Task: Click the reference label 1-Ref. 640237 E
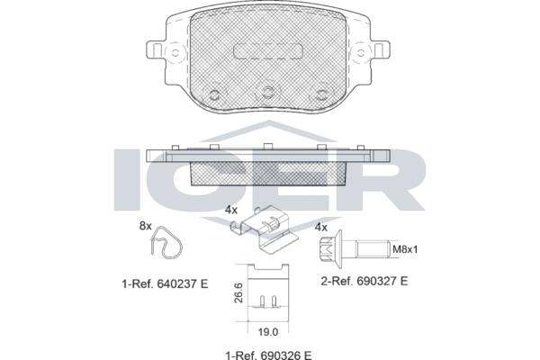(165, 283)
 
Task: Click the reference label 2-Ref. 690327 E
(364, 281)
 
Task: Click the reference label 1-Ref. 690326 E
(268, 355)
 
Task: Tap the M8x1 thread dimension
(405, 248)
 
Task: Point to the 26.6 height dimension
(238, 292)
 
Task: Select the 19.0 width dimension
(268, 332)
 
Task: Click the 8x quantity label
(145, 226)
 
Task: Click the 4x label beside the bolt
(321, 227)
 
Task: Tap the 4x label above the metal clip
(231, 210)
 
